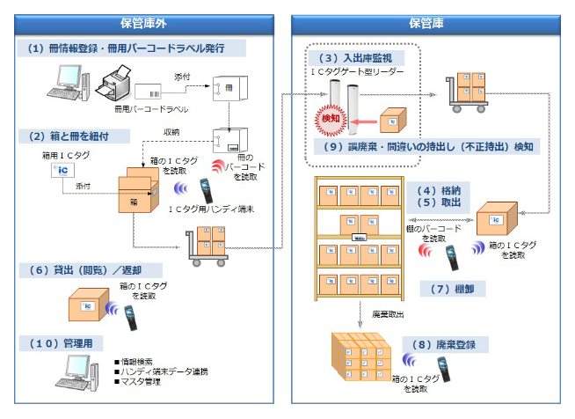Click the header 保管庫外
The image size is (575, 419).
click(144, 22)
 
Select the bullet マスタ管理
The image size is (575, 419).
click(145, 382)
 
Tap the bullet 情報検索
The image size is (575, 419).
click(141, 362)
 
